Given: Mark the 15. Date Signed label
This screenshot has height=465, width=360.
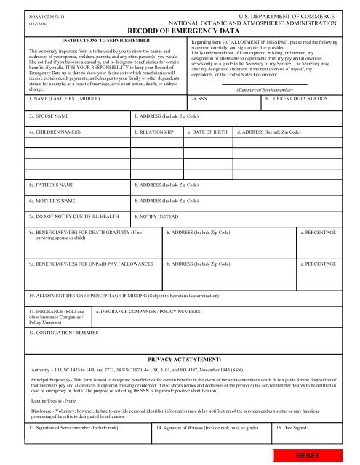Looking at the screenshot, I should [x=296, y=429].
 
